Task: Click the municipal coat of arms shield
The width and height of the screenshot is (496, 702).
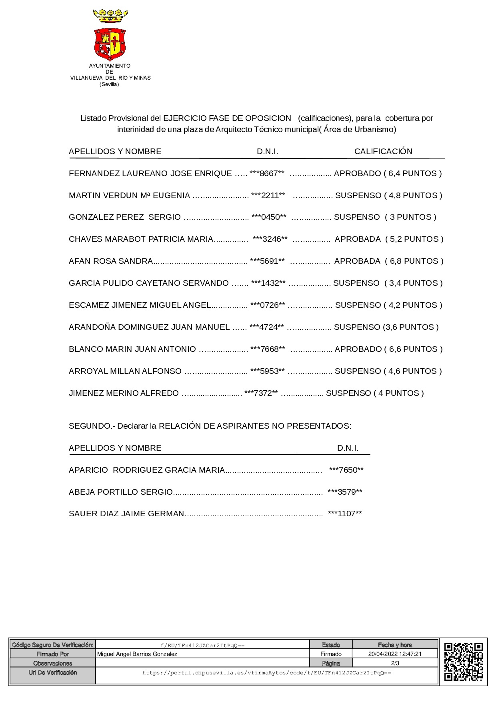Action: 110,44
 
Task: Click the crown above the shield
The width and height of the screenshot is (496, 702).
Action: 110,16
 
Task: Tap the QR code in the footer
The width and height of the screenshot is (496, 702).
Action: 463,661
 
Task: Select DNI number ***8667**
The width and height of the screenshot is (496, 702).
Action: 267,173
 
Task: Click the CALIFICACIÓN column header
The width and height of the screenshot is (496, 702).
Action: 383,151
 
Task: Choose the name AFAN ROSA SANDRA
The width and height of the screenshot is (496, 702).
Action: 111,261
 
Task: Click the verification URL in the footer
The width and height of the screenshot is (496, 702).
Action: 266,673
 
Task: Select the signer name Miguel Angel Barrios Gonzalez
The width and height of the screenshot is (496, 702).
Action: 137,654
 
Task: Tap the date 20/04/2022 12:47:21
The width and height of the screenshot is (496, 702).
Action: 395,654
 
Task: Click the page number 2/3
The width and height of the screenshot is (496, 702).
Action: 395,663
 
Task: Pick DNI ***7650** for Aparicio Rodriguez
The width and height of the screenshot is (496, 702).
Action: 346,470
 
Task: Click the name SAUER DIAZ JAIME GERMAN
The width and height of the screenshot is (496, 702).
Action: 126,513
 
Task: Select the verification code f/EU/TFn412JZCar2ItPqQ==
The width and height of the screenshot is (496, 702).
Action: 202,645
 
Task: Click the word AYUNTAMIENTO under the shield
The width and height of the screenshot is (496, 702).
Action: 110,66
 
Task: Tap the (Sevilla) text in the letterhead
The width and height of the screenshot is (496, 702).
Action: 109,84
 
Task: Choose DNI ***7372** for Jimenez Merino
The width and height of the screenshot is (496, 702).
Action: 261,393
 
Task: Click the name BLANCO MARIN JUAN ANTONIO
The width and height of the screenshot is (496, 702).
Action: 132,349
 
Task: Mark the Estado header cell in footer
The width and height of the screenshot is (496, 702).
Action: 331,645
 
